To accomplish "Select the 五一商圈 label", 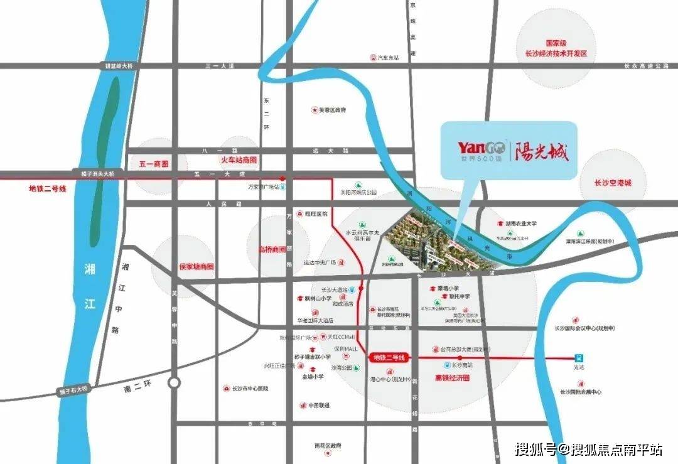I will pyautogui.click(x=154, y=164).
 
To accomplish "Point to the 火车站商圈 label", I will pyautogui.click(x=238, y=160).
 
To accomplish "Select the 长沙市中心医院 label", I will pyautogui.click(x=249, y=389).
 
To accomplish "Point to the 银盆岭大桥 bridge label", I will pyautogui.click(x=119, y=65).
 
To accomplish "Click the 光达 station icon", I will pyautogui.click(x=578, y=356).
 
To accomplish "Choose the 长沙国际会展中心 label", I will pyautogui.click(x=580, y=392).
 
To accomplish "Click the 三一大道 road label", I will pyautogui.click(x=219, y=65).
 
